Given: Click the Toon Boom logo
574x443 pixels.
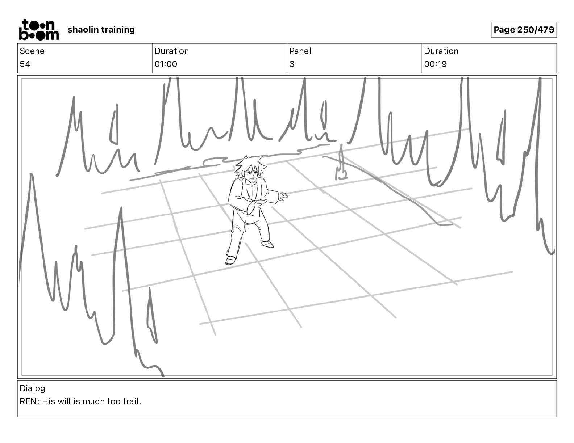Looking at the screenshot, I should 39,30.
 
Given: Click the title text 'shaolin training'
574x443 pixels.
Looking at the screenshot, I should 101,30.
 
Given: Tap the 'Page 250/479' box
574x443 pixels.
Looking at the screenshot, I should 524,30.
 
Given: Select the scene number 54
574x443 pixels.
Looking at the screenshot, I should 25,64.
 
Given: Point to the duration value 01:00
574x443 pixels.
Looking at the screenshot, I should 166,64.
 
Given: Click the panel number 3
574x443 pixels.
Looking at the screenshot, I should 292,64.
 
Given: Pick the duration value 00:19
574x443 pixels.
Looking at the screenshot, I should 435,64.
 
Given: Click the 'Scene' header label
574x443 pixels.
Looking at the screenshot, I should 32,51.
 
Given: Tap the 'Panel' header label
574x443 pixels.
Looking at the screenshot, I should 300,51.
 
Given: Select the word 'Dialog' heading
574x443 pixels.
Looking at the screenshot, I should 32,388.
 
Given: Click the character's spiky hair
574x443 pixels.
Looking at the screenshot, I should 250,165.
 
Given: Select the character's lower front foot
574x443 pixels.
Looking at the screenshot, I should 230,260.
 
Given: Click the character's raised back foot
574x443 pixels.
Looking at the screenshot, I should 267,244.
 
